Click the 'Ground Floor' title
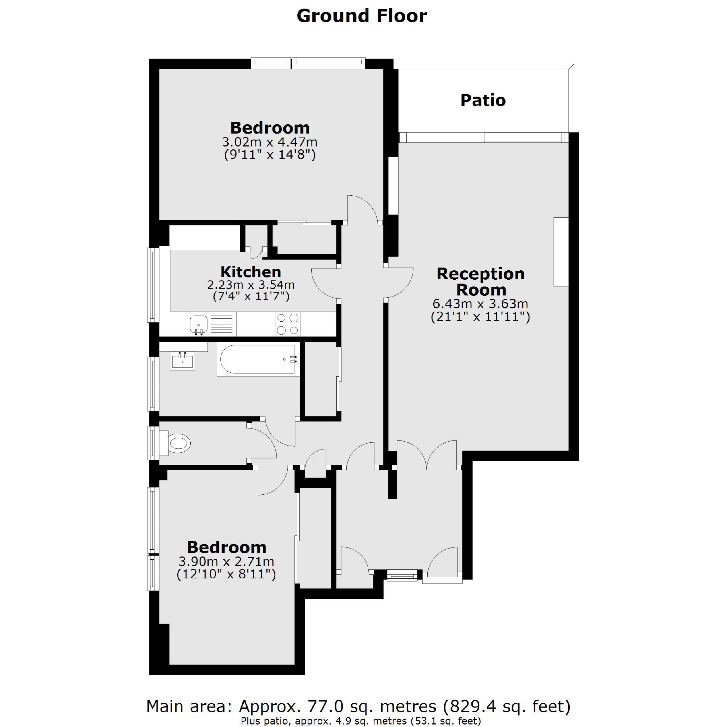pos(362,16)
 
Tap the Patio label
pos(483,101)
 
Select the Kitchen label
pos(251,272)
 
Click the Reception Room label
pos(480,281)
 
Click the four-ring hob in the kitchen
pos(288,324)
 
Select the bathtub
pos(258,359)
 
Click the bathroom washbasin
pos(183,360)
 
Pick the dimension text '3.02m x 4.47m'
pos(269,142)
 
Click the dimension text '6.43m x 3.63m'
pos(480,304)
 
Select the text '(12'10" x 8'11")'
pos(226,574)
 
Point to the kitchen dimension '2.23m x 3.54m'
pos(251,285)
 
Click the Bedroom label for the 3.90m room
pos(227,547)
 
